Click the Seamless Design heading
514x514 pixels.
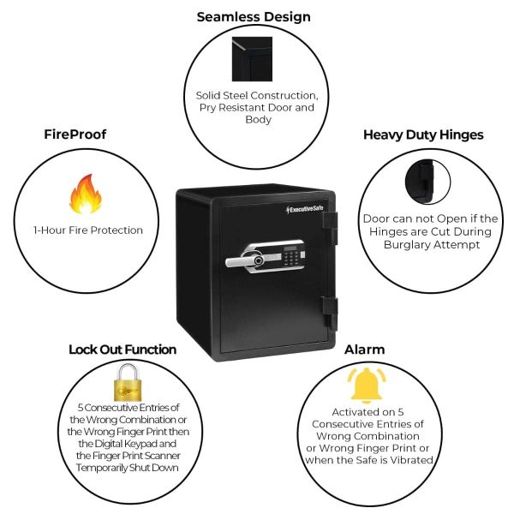(254, 16)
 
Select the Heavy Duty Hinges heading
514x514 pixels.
(423, 134)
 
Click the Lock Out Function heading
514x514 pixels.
(123, 350)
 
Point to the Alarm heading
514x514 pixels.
(364, 350)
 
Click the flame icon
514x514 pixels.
(84, 194)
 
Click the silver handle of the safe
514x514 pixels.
(245, 259)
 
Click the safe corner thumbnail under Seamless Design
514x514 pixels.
(252, 59)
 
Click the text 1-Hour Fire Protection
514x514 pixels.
(88, 230)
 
